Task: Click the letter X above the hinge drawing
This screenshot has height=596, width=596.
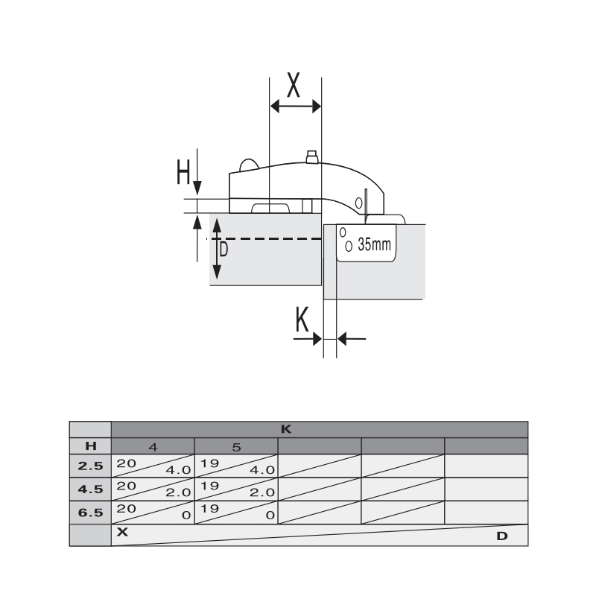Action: pyautogui.click(x=293, y=85)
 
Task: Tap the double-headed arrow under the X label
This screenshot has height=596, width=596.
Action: pyautogui.click(x=295, y=107)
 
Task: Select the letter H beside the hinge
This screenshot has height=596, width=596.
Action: pyautogui.click(x=183, y=172)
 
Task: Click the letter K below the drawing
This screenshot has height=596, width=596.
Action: pyautogui.click(x=302, y=320)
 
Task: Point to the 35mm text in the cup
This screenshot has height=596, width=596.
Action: pyautogui.click(x=374, y=244)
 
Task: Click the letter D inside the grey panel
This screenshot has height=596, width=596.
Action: pyautogui.click(x=224, y=250)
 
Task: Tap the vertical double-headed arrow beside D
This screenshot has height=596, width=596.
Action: pyautogui.click(x=217, y=249)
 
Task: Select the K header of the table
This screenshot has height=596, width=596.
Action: pyautogui.click(x=286, y=430)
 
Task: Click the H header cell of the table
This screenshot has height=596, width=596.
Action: pyautogui.click(x=91, y=446)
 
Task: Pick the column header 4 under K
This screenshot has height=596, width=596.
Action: pyautogui.click(x=153, y=447)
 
